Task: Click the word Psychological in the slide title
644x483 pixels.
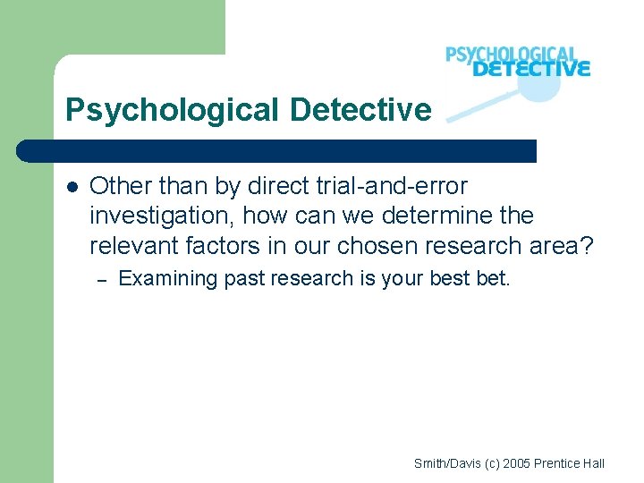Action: [173, 111]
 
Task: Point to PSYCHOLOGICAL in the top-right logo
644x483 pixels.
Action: [512, 54]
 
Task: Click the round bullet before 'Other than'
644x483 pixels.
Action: [72, 187]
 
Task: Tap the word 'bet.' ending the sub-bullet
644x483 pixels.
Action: [493, 279]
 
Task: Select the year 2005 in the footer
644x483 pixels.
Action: [518, 463]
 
